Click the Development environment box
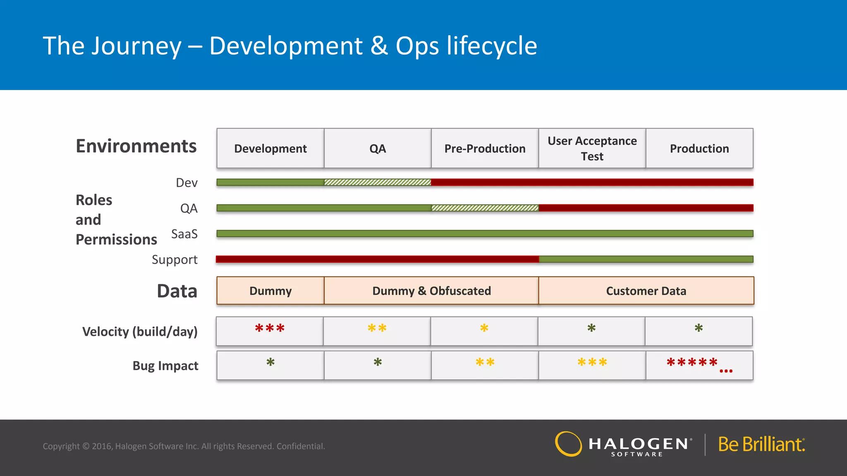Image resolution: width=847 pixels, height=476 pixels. pos(270,148)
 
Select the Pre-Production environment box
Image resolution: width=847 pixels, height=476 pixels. pos(485,148)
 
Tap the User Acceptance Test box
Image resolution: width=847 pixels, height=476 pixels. pos(592,148)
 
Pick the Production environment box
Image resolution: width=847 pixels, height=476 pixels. pos(699,148)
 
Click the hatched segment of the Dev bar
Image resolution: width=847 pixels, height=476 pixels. pos(377,182)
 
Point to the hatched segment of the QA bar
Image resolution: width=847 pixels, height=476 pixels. pos(485,208)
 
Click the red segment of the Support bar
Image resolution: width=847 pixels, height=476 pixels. pos(377,259)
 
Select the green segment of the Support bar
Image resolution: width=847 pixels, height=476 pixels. pos(646,259)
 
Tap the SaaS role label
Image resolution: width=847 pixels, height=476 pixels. pos(184,234)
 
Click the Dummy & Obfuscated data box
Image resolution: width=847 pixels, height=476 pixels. pos(431,291)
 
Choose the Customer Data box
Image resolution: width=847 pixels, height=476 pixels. pos(646,291)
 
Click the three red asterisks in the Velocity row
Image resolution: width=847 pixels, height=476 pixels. pos(270,329)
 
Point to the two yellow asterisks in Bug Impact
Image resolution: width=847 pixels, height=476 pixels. pos(485,363)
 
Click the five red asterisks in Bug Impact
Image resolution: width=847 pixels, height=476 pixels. pos(692,363)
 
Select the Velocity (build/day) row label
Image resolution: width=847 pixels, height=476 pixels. pos(140,331)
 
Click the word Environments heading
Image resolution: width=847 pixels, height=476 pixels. pos(136,146)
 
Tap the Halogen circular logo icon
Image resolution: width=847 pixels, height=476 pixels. pos(568,444)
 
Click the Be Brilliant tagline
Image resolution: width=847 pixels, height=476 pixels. pos(761,445)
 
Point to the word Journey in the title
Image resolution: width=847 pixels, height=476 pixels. pos(136,46)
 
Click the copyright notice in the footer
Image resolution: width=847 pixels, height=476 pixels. pos(184,446)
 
